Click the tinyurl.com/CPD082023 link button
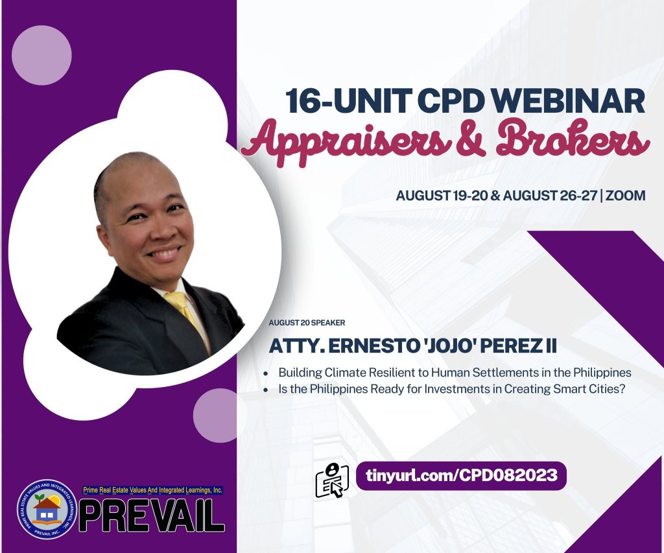(x=462, y=475)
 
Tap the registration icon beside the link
(x=332, y=480)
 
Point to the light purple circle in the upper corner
(x=41, y=55)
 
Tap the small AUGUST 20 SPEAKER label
(x=307, y=323)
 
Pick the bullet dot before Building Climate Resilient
(x=265, y=374)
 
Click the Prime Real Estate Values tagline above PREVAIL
(x=153, y=490)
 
